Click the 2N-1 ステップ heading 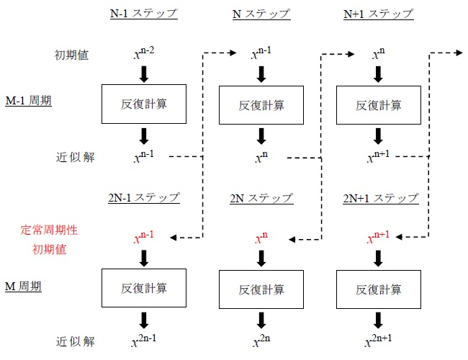click(144, 197)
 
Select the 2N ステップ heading click(261, 197)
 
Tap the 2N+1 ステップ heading click(379, 197)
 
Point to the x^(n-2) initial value click(143, 54)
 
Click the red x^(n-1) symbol click(143, 237)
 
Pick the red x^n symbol click(260, 237)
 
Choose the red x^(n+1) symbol click(379, 237)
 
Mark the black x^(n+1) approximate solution click(379, 156)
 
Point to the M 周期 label click(24, 287)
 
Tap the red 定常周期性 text click(48, 231)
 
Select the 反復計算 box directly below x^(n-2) click(144, 104)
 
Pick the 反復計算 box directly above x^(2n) click(261, 289)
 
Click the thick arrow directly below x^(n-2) click(144, 73)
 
